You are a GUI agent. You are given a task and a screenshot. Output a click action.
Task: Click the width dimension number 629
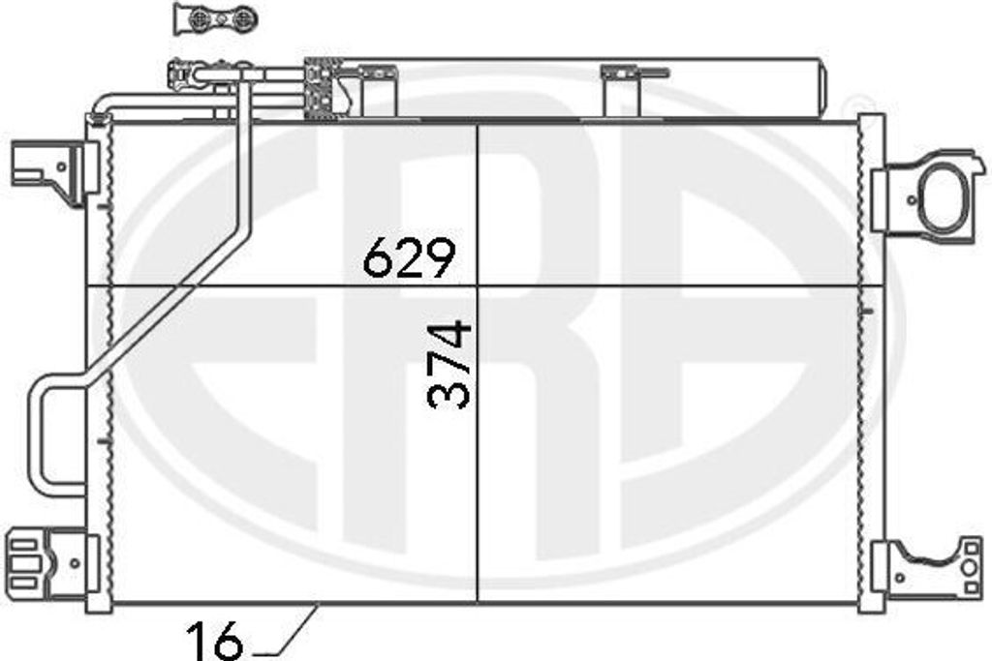click(410, 257)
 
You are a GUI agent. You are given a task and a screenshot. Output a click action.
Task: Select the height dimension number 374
click(449, 365)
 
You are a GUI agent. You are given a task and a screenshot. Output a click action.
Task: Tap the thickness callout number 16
click(214, 642)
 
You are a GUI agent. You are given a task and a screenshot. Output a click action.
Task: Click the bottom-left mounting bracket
click(52, 563)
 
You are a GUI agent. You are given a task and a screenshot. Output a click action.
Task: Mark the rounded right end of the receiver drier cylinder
click(821, 87)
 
